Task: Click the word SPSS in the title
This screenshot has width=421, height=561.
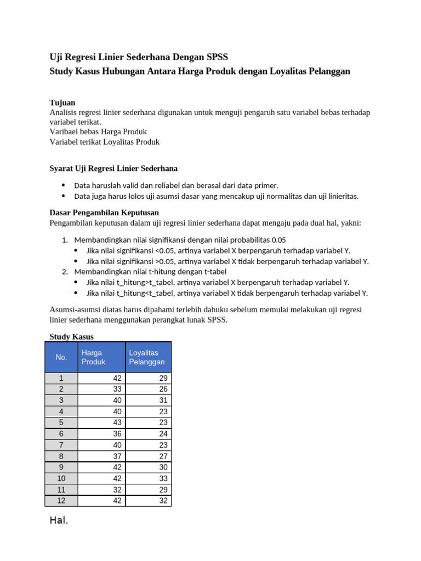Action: point(217,57)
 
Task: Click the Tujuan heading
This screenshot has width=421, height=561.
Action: point(62,103)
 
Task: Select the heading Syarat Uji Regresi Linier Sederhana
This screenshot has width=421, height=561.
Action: point(113,168)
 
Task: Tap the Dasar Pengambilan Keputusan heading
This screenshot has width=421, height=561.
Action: point(104,213)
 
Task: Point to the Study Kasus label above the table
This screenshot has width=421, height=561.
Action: point(71,336)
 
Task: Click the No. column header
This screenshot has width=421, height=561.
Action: point(61,357)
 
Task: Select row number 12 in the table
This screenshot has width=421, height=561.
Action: point(61,500)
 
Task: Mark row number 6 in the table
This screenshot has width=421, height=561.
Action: point(61,433)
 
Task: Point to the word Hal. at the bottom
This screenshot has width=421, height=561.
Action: point(59,520)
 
